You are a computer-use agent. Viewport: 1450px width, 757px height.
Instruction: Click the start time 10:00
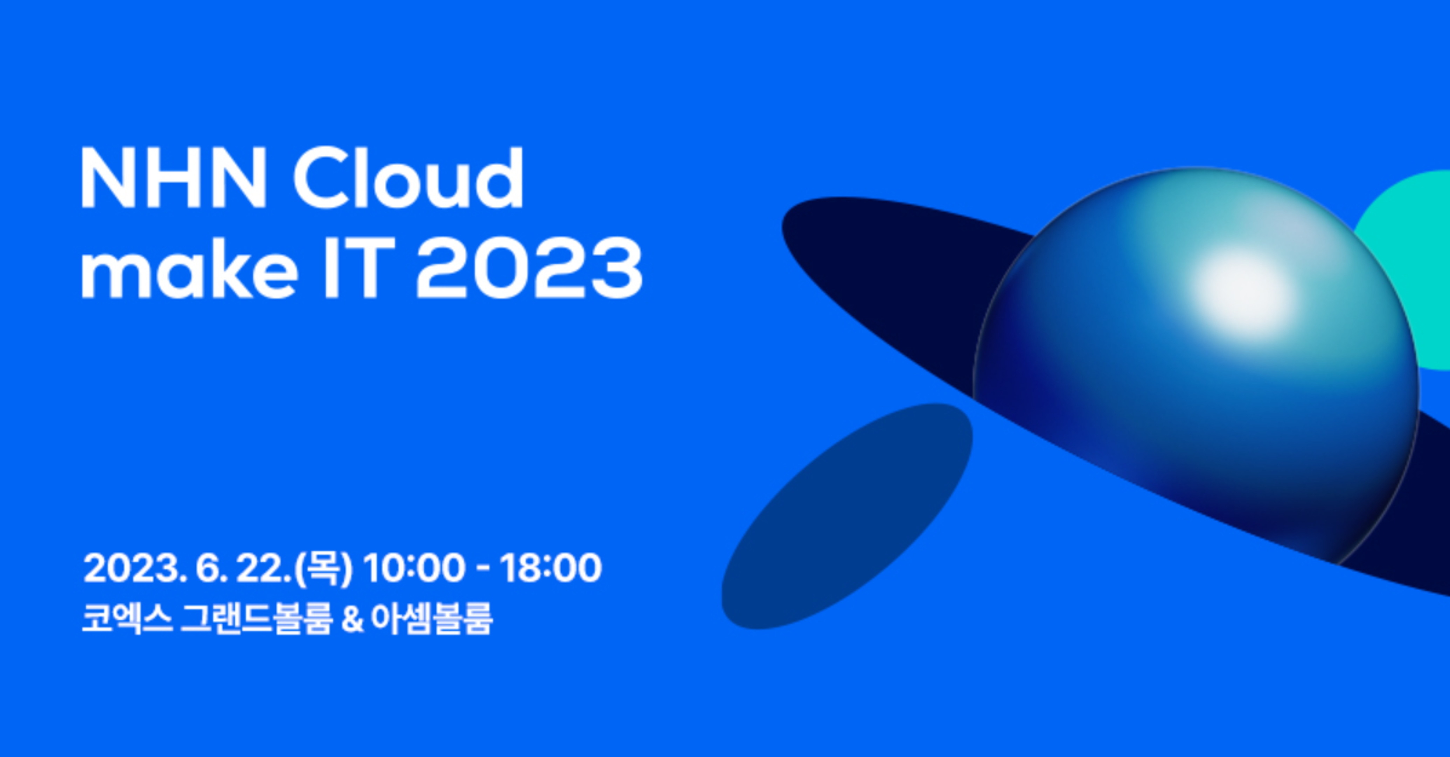coord(414,568)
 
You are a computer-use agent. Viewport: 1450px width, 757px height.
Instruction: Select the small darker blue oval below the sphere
coord(847,516)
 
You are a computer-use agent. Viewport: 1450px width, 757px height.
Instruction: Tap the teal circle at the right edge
coord(1407,270)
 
